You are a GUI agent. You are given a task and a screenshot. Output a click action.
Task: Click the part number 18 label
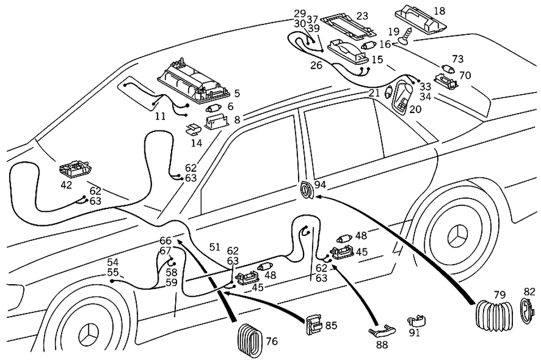[439, 10]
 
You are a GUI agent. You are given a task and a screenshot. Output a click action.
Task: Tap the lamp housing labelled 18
[424, 19]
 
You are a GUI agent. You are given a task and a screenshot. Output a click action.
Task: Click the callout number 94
[320, 185]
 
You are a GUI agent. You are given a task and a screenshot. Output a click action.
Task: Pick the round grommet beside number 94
[307, 191]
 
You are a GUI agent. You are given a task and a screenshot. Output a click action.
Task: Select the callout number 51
[215, 247]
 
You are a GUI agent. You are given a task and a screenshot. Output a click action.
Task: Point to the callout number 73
[458, 58]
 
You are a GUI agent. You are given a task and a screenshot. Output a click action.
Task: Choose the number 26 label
[316, 66]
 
